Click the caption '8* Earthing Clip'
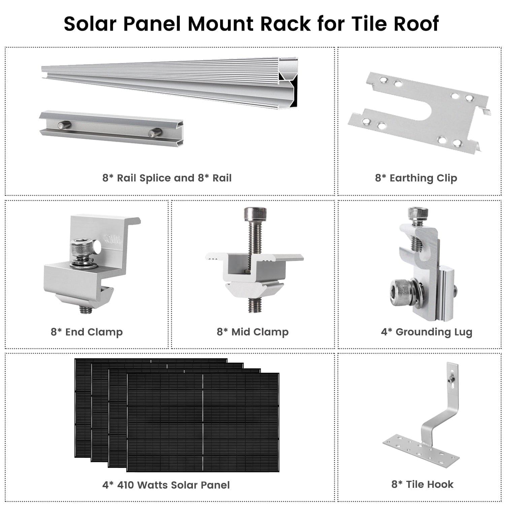coord(416,178)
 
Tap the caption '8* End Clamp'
coord(87,332)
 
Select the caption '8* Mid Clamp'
coord(252,332)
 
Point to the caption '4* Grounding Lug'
coord(427,332)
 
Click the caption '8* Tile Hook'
coord(422,484)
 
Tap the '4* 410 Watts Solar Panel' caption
coord(166,485)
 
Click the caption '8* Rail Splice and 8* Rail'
coord(167,178)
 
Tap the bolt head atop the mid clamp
coord(255,213)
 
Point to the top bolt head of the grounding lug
coord(418,213)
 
